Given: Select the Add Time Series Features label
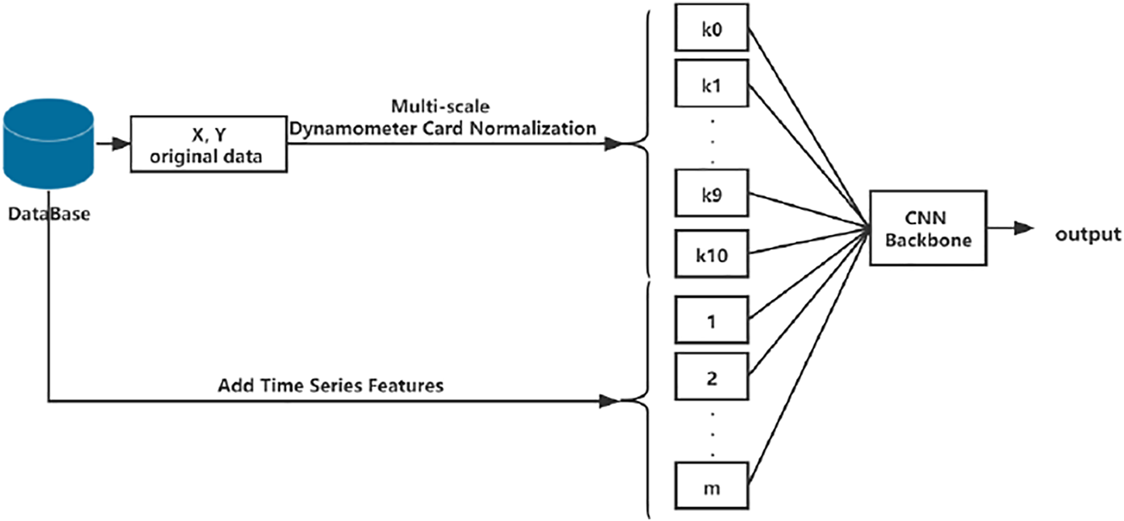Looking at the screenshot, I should tap(331, 385).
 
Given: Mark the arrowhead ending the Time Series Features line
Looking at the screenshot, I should tap(610, 402).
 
